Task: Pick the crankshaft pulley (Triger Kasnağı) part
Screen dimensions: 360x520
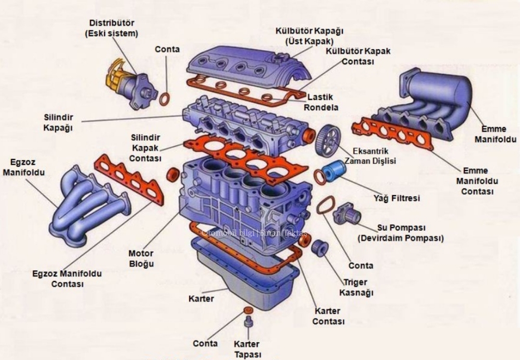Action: pos(318,247)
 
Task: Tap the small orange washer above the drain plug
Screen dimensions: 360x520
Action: pos(248,310)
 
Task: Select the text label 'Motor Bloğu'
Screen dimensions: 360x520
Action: pos(141,258)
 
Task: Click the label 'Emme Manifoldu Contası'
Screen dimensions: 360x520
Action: pos(477,181)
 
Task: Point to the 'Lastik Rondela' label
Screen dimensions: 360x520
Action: pos(321,102)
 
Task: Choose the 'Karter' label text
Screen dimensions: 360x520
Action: pos(201,299)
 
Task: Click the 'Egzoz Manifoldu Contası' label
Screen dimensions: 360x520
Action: pos(67,279)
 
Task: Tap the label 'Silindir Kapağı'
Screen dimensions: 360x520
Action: pos(58,123)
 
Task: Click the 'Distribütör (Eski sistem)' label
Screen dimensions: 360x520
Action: pos(112,28)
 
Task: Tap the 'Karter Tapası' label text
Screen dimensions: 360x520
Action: pos(247,349)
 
